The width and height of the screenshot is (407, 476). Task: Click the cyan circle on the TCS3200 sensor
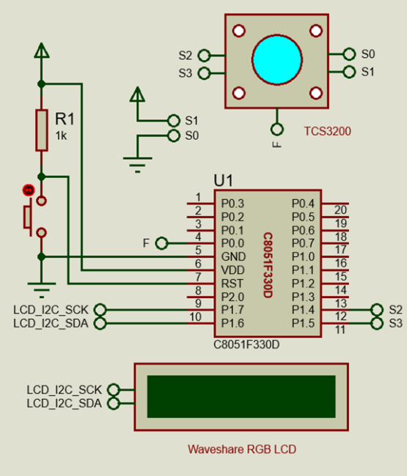[x=277, y=59]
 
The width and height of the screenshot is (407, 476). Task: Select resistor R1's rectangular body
[x=42, y=130]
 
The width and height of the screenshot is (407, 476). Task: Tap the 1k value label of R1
[x=61, y=135]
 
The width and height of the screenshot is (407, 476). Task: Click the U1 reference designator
[x=224, y=181]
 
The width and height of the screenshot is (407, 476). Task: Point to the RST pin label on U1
[x=232, y=283]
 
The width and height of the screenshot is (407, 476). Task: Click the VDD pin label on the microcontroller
[x=232, y=270]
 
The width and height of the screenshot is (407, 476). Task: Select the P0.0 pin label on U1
[x=232, y=243]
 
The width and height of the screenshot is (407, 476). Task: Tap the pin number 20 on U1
[x=340, y=209]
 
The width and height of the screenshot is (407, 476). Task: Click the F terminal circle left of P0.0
[x=161, y=243]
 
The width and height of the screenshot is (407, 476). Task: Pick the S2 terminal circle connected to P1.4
[x=377, y=310]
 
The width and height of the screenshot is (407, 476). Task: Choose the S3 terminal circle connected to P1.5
[x=377, y=323]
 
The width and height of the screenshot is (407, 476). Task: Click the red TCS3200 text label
[x=328, y=131]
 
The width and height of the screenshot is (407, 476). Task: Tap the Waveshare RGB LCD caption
[x=242, y=449]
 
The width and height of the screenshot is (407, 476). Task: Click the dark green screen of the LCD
[x=241, y=396]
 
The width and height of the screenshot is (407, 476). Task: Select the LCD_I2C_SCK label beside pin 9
[x=51, y=310]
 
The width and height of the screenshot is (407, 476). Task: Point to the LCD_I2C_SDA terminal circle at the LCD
[x=114, y=404]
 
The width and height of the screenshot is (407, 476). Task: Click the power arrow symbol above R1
[x=41, y=51]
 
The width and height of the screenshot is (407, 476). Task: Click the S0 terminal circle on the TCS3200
[x=349, y=54]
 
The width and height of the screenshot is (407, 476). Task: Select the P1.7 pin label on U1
[x=232, y=310]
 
